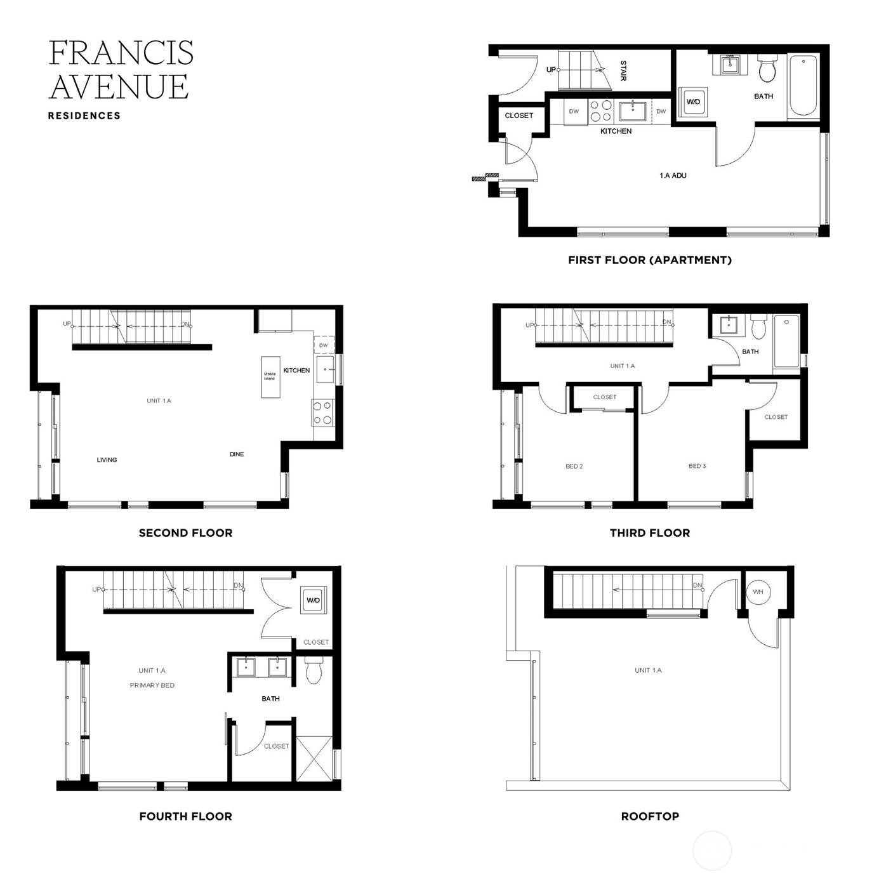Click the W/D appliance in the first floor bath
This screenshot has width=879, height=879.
point(693,102)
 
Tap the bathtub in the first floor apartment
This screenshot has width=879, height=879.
point(803,86)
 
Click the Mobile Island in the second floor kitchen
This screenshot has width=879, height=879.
point(270,377)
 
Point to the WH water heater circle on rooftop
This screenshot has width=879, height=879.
point(758,592)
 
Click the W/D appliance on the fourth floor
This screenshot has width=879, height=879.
point(314,600)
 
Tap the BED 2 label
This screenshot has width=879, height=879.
point(574,466)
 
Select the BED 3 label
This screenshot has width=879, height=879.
point(697,466)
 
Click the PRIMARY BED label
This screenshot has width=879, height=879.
point(152,685)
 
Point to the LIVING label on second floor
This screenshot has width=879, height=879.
point(107,460)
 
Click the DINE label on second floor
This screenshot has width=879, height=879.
point(237,454)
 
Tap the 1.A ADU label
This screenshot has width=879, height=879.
point(673,176)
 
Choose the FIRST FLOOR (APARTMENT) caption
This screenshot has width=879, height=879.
point(649,260)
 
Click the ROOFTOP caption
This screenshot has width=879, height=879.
point(650,816)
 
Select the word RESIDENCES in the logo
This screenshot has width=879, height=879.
point(84,116)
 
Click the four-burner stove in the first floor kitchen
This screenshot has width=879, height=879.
point(600,111)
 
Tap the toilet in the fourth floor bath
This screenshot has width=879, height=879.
point(314,671)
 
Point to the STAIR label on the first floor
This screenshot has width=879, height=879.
point(623,70)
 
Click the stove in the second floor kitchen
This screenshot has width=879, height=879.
point(322,413)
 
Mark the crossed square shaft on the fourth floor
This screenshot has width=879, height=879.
point(314,758)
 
